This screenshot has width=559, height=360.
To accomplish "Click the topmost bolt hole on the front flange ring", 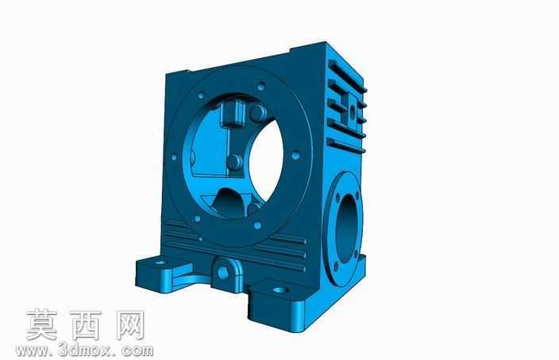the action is coord(261,87).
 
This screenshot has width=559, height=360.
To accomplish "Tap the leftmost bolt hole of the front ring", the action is coord(174,157).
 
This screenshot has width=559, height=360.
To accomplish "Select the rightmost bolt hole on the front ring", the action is coord(295,156).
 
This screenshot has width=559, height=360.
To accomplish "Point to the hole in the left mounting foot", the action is coord(160,262).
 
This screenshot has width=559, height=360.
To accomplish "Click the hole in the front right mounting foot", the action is coord(280,290).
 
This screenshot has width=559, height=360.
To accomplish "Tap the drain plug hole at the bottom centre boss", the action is coord(223,273).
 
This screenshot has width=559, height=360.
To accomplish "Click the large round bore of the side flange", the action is coord(346,225).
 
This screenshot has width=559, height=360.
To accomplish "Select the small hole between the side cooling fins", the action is coord(353,113).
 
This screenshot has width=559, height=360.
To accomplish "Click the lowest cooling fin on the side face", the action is coord(346,145).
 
